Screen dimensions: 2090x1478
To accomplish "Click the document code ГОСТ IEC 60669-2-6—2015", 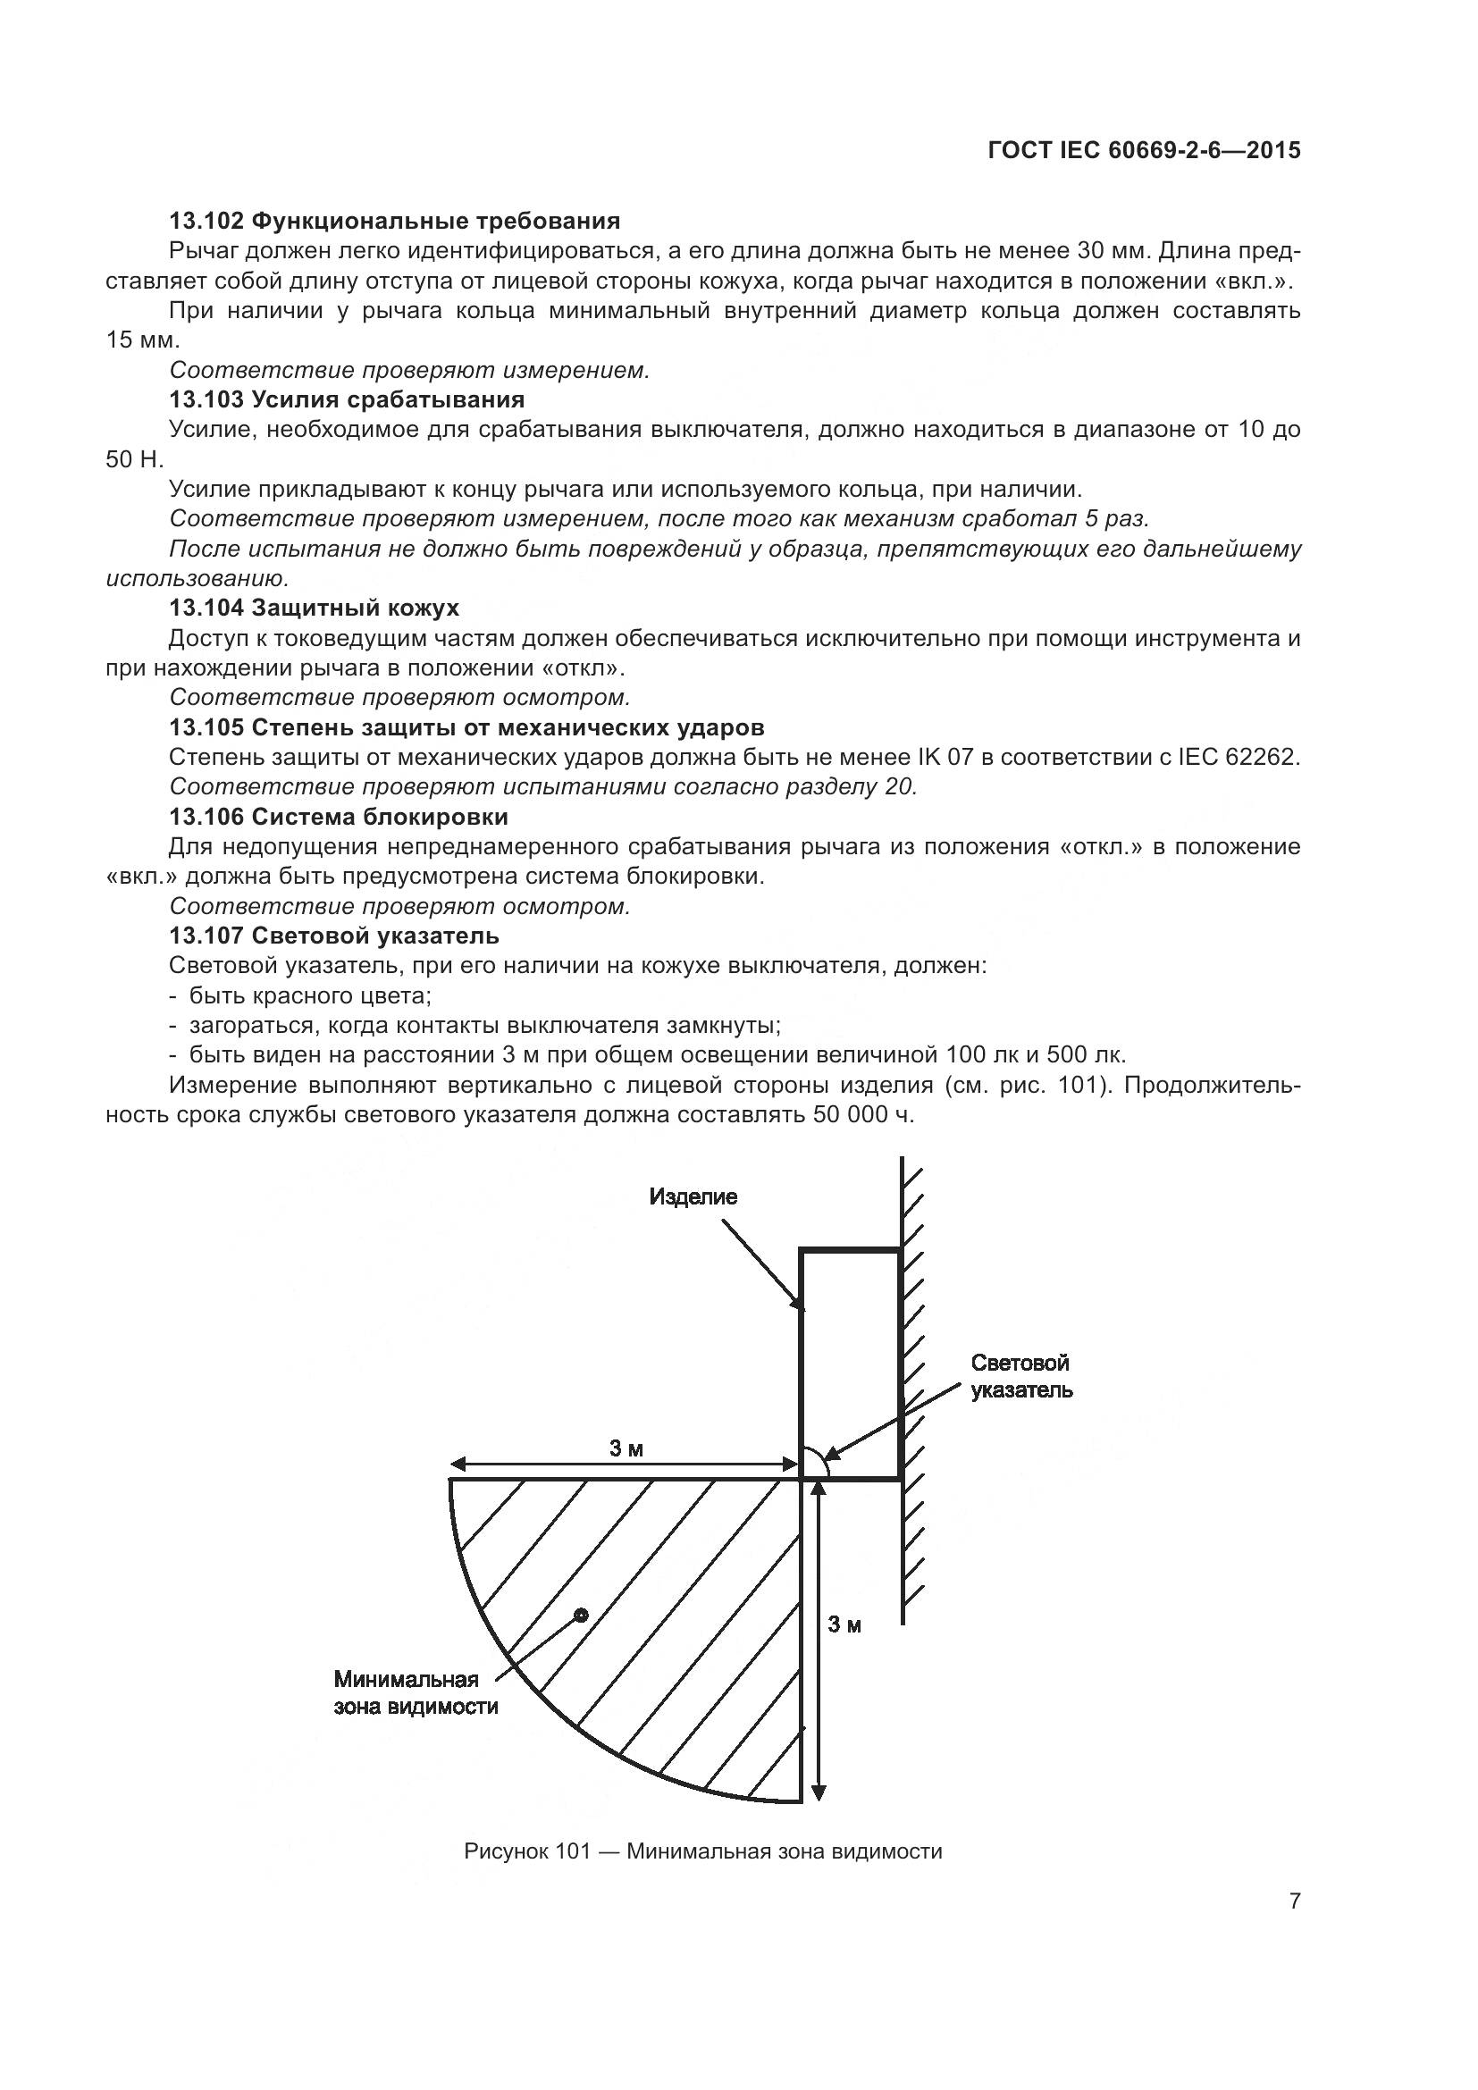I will (1143, 150).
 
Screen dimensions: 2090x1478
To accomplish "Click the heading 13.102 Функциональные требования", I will (394, 222).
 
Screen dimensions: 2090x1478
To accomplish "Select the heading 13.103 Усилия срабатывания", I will (347, 399).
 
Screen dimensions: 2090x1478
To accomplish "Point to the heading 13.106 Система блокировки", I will (339, 817).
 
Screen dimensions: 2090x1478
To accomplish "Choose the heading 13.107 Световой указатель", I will (334, 936).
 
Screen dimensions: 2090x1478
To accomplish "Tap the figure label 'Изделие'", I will (693, 1197).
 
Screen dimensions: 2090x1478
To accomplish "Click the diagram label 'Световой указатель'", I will (1021, 1376).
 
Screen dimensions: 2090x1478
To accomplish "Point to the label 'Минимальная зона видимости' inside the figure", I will (415, 1693).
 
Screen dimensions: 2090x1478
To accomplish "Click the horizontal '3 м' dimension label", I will (626, 1448).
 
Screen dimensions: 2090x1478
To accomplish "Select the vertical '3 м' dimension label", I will (844, 1624).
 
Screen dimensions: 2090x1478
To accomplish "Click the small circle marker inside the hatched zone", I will (581, 1616).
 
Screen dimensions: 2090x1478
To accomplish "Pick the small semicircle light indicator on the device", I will (814, 1465).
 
